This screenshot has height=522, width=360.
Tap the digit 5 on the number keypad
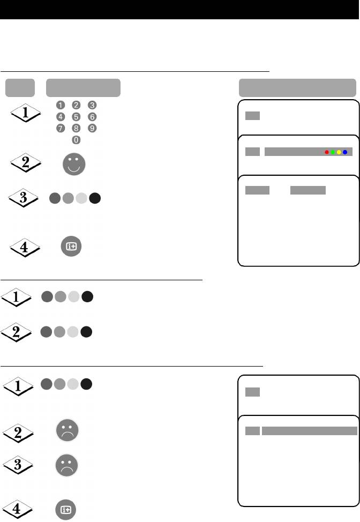coord(76,116)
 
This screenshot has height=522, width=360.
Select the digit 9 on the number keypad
coord(92,128)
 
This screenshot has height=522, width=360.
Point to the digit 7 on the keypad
coord(61,128)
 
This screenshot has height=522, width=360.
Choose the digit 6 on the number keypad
coord(92,116)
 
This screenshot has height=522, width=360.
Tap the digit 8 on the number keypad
coord(76,128)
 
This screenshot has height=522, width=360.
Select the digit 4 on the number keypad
coord(61,116)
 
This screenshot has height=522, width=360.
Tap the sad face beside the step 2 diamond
coord(67,430)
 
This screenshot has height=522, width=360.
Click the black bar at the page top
coord(180,10)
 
